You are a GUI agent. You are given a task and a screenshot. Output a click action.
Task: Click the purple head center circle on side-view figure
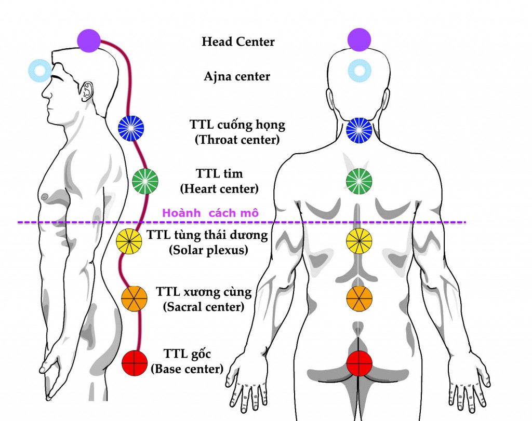tap(89, 40)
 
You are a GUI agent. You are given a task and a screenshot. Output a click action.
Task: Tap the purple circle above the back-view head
tap(359, 39)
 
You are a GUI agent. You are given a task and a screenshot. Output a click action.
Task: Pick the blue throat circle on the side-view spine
tap(131, 128)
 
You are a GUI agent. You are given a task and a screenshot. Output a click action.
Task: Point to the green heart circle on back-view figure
tap(359, 181)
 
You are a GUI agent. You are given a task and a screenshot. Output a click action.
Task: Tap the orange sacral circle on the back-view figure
tap(360, 298)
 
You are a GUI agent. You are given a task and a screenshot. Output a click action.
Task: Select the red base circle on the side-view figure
tap(135, 362)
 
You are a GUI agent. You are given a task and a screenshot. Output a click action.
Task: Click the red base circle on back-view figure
tap(360, 362)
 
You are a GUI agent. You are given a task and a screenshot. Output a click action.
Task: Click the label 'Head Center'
tap(238, 42)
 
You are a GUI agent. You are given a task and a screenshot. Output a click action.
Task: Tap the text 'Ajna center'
tap(237, 77)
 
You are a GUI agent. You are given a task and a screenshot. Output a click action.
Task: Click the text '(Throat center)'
tap(237, 140)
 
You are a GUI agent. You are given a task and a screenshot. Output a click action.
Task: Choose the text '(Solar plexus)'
tap(208, 250)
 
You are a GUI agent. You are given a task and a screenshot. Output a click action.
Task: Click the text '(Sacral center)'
tap(204, 307)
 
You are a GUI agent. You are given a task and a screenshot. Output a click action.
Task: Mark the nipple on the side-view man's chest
tap(45, 196)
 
